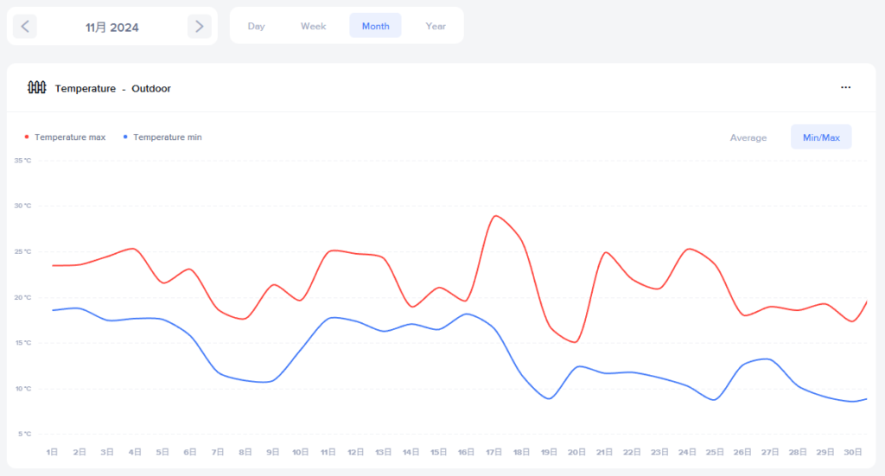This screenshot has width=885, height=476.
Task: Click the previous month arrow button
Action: pos(25,27)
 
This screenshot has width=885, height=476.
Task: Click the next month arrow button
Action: pos(200,27)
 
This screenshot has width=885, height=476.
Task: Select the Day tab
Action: pos(256,26)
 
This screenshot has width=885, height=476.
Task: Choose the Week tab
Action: pos(313,26)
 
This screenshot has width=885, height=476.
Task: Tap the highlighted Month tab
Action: pos(375,26)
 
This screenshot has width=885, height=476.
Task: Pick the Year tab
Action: pos(436,26)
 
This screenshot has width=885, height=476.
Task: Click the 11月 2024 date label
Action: pos(112,27)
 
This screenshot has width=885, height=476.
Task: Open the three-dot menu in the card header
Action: pos(845,87)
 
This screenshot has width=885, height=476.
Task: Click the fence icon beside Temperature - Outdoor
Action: pos(36,87)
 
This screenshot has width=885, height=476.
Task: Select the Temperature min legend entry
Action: pos(167,136)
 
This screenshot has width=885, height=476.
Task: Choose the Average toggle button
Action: pos(748,137)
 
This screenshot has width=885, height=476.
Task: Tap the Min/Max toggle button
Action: pos(821,137)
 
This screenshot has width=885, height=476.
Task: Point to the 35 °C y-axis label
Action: pos(22,161)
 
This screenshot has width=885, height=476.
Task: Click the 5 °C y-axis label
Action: pos(24,434)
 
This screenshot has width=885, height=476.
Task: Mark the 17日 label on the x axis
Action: pos(494,452)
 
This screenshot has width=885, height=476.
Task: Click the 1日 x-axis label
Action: pos(53,452)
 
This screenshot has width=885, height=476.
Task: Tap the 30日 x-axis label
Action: pos(853,452)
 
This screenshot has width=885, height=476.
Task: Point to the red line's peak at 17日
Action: pos(495,216)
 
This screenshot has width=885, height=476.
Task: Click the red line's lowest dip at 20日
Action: pos(576,342)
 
